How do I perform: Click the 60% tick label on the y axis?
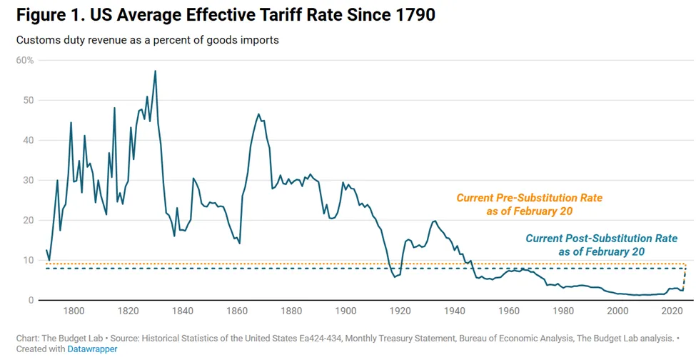click(x=25, y=60)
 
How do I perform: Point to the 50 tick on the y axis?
click(x=28, y=100)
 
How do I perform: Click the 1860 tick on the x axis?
click(x=236, y=311)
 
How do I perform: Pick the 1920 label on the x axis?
click(x=400, y=311)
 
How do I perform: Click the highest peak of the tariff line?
click(x=155, y=71)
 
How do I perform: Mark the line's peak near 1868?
click(x=258, y=114)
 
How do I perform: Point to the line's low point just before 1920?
click(x=395, y=276)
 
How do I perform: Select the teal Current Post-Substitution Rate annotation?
click(x=601, y=244)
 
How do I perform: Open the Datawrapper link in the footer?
click(x=93, y=349)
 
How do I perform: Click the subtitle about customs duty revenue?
click(x=147, y=40)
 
